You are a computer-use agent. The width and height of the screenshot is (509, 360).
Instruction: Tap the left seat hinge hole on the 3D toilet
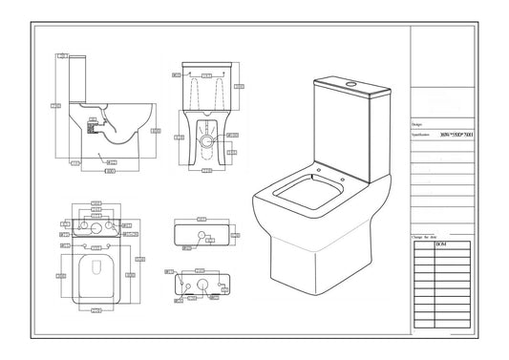click(315, 177)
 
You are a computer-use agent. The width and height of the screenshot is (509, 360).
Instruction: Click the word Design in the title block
click(416, 124)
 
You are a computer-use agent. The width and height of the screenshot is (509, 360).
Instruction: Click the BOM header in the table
click(440, 245)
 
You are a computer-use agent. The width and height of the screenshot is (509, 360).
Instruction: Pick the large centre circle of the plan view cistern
click(96, 229)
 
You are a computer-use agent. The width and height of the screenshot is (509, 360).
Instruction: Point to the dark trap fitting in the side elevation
click(95, 123)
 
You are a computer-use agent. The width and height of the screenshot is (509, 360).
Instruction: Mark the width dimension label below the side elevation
click(110, 172)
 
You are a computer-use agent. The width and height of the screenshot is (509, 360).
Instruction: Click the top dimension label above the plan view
click(96, 203)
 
